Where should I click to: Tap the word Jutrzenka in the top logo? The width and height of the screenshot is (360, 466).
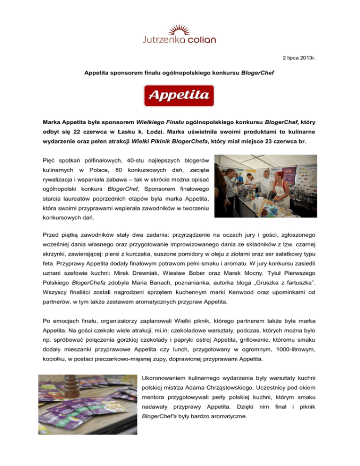pos(165,40)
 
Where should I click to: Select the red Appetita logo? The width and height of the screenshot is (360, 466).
pos(180,96)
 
